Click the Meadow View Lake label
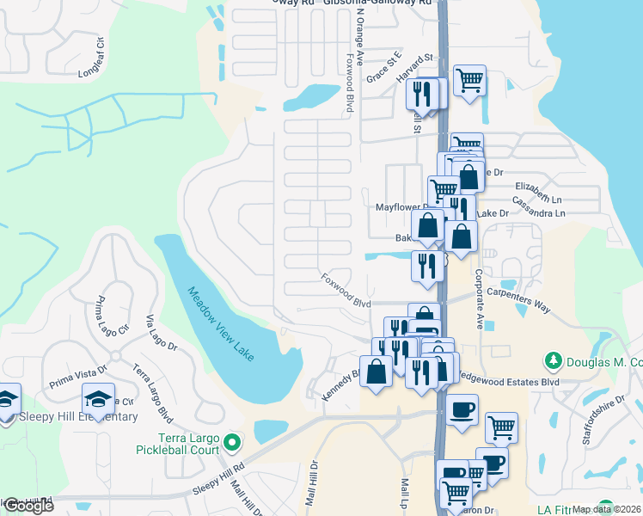coord(222,323)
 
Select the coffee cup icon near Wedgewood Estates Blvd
coord(462,407)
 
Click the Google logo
coord(28,506)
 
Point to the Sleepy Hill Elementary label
coord(77,417)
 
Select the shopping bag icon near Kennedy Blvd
coord(376,372)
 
